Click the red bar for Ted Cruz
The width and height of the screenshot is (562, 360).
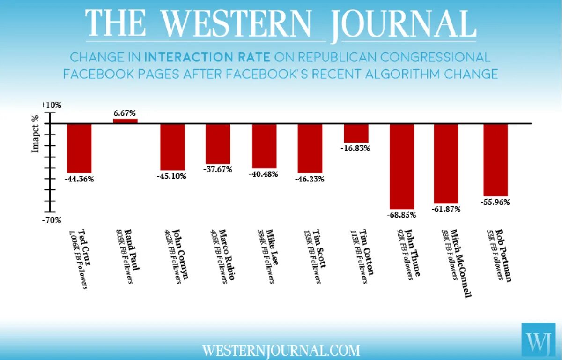point(79,148)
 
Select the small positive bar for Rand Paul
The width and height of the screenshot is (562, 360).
point(126,121)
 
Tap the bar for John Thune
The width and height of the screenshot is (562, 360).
point(402,166)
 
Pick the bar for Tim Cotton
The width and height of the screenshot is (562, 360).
point(356,133)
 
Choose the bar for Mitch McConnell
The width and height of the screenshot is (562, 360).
point(446,164)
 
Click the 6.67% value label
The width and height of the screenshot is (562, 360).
point(125,113)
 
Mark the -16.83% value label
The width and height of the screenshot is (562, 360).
point(356,148)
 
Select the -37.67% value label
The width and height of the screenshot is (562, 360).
point(218,169)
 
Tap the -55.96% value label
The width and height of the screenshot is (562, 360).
point(495,202)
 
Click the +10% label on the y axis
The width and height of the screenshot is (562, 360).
point(51,105)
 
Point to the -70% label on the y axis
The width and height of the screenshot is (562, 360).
point(51,220)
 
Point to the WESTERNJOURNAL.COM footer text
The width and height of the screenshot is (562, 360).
point(281,350)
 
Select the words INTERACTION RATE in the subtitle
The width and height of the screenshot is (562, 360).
point(207,58)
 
